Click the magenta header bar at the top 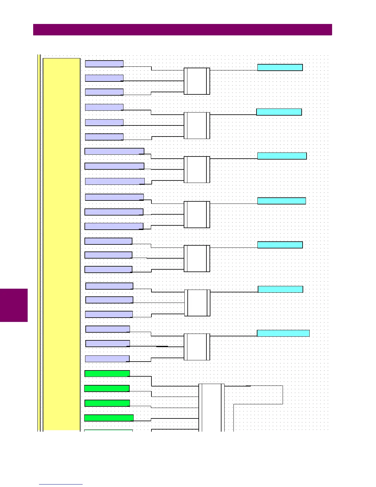point(182,30)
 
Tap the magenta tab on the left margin point(14,305)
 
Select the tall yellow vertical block point(61,244)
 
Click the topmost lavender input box point(104,64)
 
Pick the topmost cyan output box point(280,68)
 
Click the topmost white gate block point(197,81)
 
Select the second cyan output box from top point(279,112)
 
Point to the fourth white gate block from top point(197,215)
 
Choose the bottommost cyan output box point(283,333)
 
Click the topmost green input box point(107,374)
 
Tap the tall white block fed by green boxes point(211,407)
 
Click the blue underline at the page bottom point(61,485)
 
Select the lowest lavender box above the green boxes point(107,358)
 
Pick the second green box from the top point(107,388)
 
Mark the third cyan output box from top point(282,156)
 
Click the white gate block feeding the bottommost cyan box point(197,347)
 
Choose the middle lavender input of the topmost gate point(104,78)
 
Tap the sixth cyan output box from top point(280,289)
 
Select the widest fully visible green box point(109,418)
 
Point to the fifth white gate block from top point(197,259)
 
